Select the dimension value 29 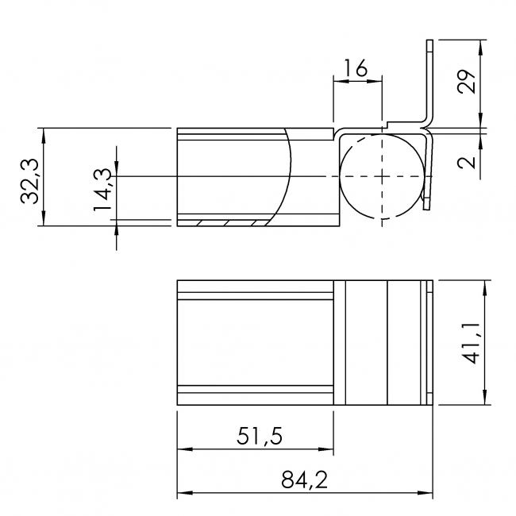(x=468, y=82)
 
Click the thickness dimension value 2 (x=468, y=162)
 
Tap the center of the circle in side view (x=381, y=175)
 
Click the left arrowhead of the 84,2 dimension (x=182, y=495)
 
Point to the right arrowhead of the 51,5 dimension (x=329, y=449)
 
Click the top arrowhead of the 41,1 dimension (x=483, y=285)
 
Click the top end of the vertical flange (x=429, y=40)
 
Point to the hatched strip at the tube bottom (x=230, y=221)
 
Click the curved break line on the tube (x=290, y=171)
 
